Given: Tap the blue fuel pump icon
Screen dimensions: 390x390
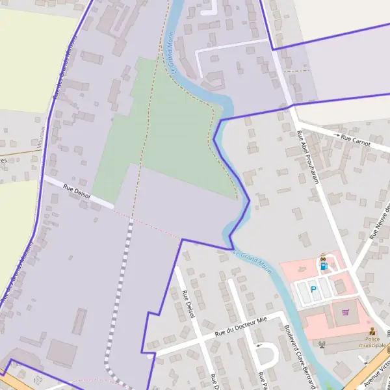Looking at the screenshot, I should point(323,266).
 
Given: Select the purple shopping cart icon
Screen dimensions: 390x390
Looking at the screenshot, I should point(346,313).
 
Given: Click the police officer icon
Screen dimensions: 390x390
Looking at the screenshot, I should point(372,331).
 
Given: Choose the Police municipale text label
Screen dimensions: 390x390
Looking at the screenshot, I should point(377,343).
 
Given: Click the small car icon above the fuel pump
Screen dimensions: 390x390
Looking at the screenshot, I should point(322,258).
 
